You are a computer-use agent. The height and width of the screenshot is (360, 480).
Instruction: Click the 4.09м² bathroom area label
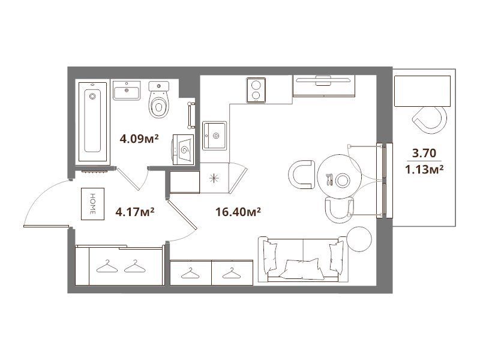point(139,139)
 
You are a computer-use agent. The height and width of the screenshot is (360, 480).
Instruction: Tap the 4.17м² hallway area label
point(134,212)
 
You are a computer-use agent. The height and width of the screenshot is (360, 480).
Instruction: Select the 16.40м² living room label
point(238,212)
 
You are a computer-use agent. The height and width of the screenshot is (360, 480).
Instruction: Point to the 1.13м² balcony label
point(424,169)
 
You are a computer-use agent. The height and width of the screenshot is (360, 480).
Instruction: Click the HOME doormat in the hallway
point(92,204)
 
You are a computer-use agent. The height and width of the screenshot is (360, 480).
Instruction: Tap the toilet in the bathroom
point(158,100)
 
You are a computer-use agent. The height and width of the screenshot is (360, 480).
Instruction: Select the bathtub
point(93,122)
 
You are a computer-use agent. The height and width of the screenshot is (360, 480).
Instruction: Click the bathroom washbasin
point(127,91)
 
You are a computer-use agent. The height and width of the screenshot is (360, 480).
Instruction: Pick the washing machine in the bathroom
point(184,149)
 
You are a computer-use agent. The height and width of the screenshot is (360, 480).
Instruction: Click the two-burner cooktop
point(256,90)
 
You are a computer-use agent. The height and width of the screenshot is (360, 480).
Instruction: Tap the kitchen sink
point(215,136)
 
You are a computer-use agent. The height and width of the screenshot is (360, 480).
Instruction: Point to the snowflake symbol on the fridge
point(214,178)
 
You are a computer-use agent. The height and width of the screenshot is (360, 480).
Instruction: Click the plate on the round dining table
point(342,180)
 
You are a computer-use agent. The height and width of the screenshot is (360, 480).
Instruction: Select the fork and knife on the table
point(329,179)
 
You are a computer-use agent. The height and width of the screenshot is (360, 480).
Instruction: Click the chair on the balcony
point(430,120)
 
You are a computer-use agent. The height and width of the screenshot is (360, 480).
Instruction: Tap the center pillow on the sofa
point(302,269)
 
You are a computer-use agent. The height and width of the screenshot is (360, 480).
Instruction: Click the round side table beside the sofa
point(359,239)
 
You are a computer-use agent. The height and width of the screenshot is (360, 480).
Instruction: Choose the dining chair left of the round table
point(302,174)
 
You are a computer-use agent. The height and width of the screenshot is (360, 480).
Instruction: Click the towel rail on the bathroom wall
point(191,115)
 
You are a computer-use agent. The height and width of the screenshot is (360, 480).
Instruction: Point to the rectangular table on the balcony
point(422,91)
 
